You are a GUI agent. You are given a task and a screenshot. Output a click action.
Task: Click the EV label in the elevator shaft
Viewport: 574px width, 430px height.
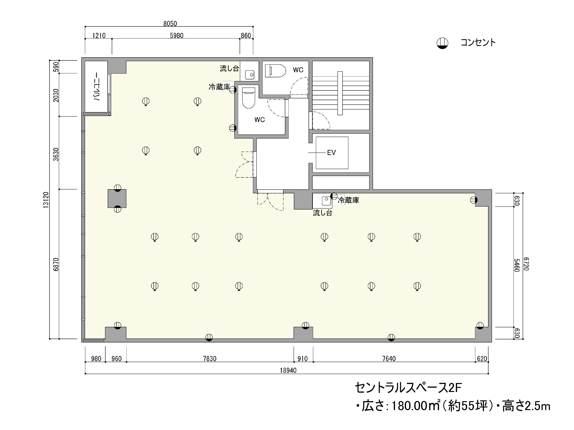(x=331, y=153)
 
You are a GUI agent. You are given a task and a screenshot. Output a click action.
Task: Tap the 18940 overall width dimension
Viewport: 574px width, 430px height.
(x=288, y=370)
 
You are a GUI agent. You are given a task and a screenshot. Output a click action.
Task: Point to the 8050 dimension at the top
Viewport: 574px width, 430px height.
(x=170, y=24)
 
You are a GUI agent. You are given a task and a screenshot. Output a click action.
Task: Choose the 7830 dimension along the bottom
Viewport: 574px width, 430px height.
(x=210, y=359)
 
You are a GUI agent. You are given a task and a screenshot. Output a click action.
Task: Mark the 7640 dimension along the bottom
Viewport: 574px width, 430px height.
(x=389, y=359)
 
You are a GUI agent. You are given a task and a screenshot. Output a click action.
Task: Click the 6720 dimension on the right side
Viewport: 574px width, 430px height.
(x=526, y=264)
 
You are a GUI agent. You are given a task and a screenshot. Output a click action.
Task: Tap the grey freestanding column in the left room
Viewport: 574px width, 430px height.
(x=117, y=198)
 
